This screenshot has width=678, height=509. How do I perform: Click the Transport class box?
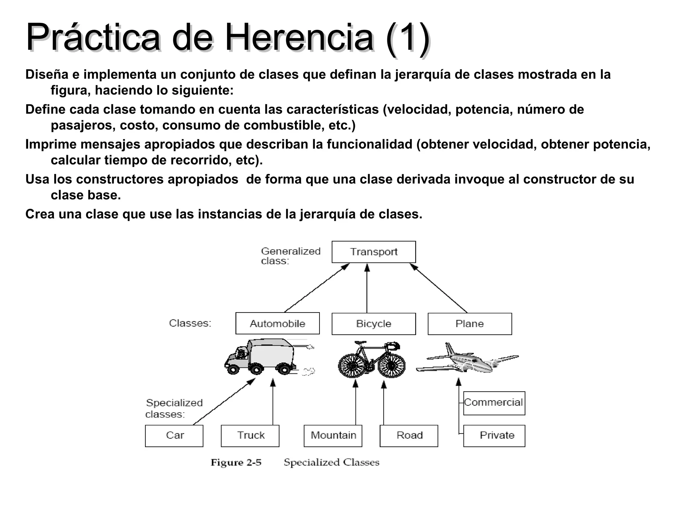pos(373,252)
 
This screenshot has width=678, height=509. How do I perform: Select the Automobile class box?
pos(277,323)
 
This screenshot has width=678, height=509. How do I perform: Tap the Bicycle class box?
pos(373,324)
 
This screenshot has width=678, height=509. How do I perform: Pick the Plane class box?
pos(469,324)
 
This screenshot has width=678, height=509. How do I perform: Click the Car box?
pos(174,435)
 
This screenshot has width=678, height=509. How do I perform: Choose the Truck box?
pos(250,435)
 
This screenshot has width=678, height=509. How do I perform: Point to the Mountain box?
pos(333,435)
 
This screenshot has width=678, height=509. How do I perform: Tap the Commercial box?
pos(494,403)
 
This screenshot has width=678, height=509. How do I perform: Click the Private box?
pos(494,435)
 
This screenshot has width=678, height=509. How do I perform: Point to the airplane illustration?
pos(467,360)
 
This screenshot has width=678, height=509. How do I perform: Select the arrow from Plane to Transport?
pos(438,288)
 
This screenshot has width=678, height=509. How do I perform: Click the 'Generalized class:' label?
pos(291,256)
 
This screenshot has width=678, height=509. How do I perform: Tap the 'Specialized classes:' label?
pos(174,408)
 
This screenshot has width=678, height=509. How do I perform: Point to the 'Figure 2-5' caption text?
pos(236,463)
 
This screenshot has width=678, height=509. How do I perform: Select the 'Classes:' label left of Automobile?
pos(190,323)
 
